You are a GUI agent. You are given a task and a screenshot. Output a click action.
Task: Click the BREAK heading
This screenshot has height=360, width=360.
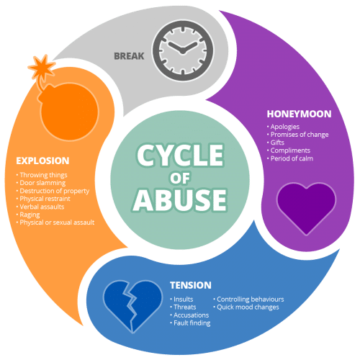129,56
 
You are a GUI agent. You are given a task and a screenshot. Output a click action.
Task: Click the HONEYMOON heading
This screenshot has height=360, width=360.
299,114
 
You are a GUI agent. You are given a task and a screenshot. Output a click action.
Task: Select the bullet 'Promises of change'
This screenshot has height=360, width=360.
297,135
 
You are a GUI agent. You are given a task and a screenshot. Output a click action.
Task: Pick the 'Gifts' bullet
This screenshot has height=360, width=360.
276,143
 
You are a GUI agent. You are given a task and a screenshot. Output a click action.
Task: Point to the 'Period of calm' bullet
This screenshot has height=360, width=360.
290,158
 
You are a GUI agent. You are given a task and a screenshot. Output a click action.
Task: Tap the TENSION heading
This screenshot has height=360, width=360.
191,285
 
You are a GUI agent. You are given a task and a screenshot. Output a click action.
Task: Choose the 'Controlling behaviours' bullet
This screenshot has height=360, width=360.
248,300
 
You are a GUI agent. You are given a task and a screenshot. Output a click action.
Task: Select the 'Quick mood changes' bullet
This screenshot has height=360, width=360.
246,307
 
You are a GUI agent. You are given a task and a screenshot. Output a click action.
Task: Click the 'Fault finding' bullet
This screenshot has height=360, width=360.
190,323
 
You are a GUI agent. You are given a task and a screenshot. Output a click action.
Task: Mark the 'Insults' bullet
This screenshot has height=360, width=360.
181,300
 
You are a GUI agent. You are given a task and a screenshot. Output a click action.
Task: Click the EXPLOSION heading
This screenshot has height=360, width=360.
42,161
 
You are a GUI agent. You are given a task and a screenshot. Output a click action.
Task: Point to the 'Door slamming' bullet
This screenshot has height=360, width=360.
41,183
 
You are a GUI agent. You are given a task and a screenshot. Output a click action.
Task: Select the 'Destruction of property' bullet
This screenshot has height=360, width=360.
53,191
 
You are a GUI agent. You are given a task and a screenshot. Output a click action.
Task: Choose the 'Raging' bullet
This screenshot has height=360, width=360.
28,215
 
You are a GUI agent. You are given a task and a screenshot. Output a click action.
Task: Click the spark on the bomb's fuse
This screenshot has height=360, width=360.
42,67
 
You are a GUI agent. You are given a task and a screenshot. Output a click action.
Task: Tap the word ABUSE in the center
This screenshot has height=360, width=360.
180,200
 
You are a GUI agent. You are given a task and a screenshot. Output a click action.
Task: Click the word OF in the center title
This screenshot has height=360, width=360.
180,178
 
